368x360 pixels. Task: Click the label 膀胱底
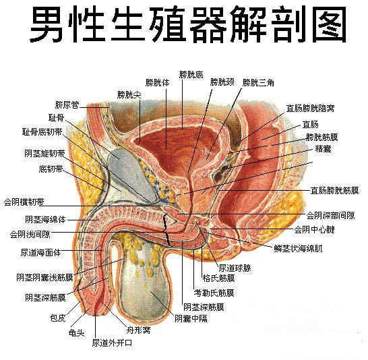(191, 75)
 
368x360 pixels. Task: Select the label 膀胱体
(157, 83)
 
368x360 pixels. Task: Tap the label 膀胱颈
(222, 82)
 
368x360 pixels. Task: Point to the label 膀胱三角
(258, 83)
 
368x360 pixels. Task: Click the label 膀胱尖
(129, 95)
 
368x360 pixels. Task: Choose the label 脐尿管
(67, 104)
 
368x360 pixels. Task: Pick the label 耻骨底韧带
(42, 132)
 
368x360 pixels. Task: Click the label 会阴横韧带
(24, 202)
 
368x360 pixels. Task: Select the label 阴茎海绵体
(46, 220)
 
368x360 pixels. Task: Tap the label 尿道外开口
(112, 343)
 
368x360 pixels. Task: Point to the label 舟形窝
(138, 330)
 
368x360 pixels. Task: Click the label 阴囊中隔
(191, 318)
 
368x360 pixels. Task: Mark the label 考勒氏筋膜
(214, 293)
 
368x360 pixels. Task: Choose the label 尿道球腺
(235, 268)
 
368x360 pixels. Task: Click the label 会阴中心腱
(315, 229)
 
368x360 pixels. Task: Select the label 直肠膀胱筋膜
(335, 191)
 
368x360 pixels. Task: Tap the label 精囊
(323, 149)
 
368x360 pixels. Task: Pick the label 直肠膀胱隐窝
(310, 109)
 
